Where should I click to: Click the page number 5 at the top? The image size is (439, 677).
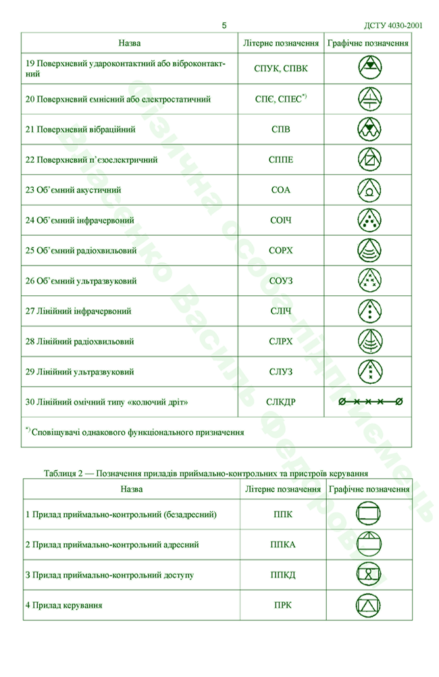coord(224,25)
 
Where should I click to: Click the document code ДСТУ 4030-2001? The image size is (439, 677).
coord(394,25)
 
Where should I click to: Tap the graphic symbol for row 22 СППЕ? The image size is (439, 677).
coord(369,160)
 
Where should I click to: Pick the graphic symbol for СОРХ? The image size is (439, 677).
coord(369,251)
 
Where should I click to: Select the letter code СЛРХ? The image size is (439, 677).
coord(280,341)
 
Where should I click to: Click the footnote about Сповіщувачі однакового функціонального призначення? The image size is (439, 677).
coord(134,431)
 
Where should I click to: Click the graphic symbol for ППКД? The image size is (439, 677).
coord(369,574)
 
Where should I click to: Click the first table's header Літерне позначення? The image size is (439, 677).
coord(281,43)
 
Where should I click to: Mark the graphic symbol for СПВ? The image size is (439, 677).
coord(369,129)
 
